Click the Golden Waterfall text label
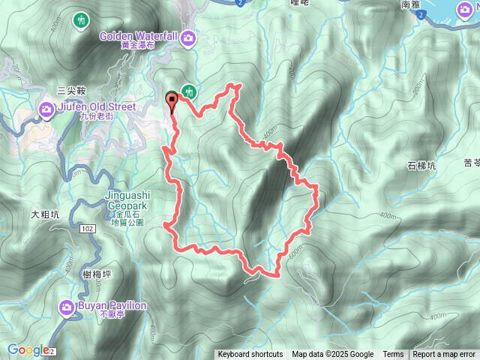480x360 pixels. (139, 34)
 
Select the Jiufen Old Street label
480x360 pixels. (96, 107)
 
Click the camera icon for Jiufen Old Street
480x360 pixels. (46, 111)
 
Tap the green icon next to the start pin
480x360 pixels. (189, 91)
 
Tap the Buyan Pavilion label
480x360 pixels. (112, 306)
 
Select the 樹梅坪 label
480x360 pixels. (97, 275)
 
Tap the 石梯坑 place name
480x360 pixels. (421, 166)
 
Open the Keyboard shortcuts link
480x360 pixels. (250, 355)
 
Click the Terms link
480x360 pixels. (393, 355)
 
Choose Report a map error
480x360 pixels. (445, 355)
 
